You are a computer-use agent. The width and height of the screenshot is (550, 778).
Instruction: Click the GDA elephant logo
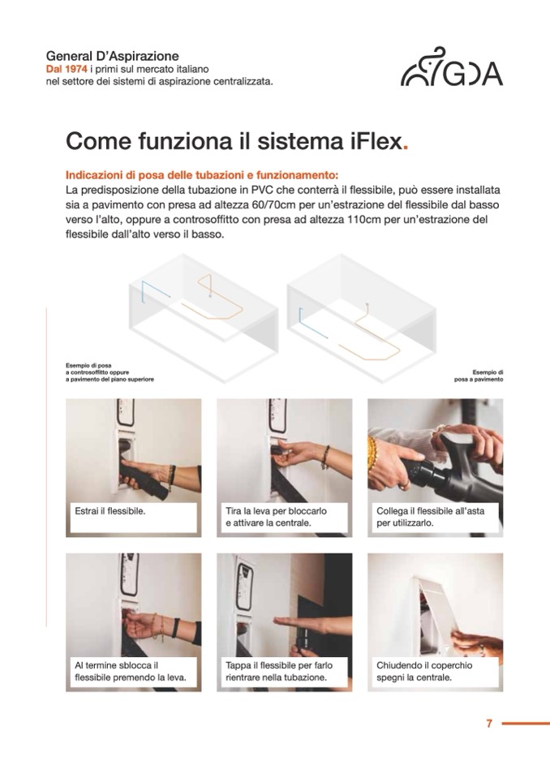click(451, 67)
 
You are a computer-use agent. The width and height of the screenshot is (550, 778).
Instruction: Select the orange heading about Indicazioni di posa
click(202, 175)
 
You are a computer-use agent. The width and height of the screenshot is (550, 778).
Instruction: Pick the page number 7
click(489, 724)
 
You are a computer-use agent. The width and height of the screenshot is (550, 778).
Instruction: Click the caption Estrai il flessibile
click(110, 511)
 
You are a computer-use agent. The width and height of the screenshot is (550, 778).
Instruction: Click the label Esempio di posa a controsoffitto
click(110, 372)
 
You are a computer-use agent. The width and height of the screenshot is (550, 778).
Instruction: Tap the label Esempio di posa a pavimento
click(479, 376)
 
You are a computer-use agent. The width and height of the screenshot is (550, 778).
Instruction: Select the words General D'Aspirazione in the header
click(112, 56)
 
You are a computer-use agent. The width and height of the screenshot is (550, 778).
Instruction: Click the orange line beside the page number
click(526, 724)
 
